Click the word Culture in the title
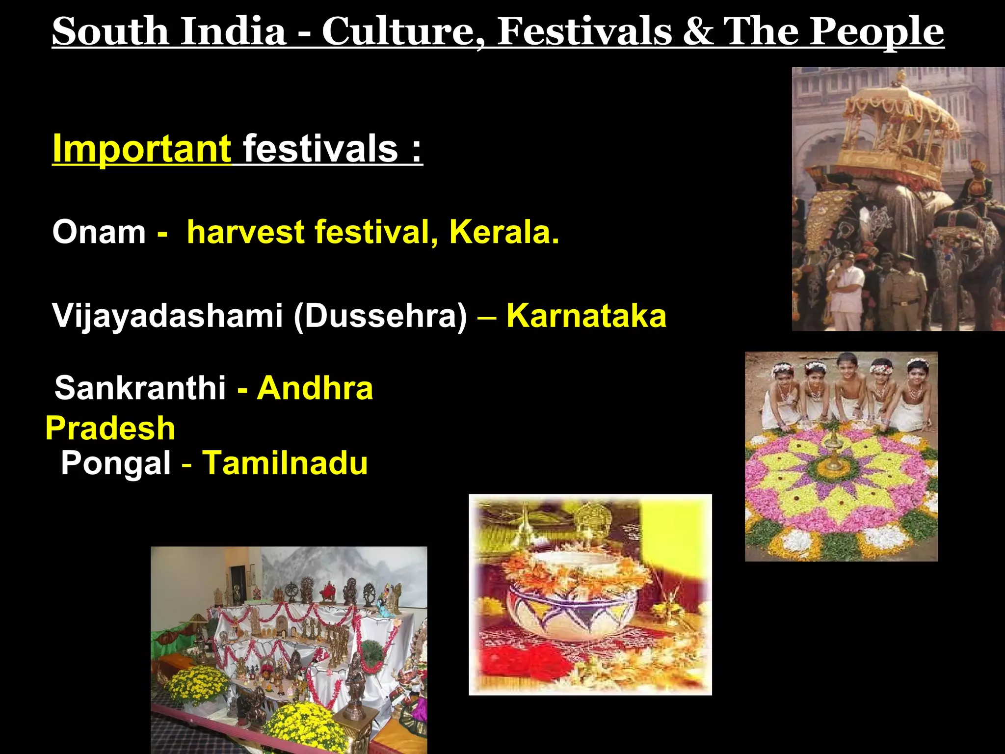click(402, 31)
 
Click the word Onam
click(99, 232)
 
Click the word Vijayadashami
click(167, 315)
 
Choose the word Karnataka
click(586, 315)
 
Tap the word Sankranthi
click(140, 388)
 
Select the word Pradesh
click(110, 428)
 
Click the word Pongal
click(116, 463)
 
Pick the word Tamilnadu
click(285, 463)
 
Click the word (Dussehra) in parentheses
click(380, 315)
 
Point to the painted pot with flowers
click(572, 596)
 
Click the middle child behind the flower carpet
click(848, 388)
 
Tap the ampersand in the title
click(697, 31)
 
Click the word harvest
click(246, 232)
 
